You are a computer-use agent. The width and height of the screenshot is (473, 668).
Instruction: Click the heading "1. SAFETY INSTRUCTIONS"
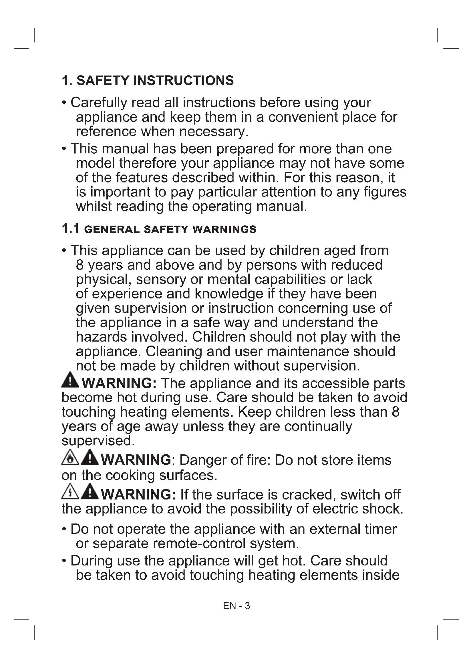click(148, 81)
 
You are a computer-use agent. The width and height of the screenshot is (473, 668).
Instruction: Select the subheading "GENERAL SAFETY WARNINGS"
click(170, 229)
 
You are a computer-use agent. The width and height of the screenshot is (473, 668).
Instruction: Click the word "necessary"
click(214, 131)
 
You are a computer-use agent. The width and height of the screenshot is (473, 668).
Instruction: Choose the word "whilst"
click(94, 206)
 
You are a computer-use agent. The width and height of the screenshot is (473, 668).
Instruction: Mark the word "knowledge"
click(229, 294)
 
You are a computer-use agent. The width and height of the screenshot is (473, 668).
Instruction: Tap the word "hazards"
click(101, 337)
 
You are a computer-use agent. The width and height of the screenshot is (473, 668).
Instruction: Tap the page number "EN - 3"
click(236, 606)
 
